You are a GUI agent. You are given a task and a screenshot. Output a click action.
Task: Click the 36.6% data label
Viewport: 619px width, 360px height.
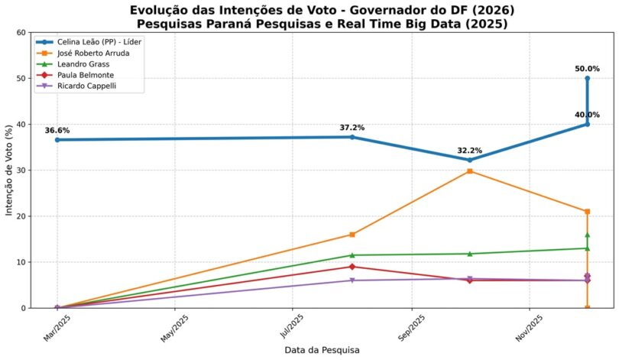coord(57,131)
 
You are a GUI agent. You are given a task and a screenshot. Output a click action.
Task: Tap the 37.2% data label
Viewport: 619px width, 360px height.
coord(352,128)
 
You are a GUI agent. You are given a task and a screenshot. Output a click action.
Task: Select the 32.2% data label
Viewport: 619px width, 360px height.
coord(470,151)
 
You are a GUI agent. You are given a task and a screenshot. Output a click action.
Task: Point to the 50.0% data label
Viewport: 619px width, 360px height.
coord(588,69)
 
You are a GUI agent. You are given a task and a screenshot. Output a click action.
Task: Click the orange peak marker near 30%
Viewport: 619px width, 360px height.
coord(470,171)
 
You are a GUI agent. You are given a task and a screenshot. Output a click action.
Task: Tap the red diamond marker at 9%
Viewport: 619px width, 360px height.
coord(352,267)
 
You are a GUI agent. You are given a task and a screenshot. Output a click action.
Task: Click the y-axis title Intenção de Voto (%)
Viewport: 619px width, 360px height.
coord(10,170)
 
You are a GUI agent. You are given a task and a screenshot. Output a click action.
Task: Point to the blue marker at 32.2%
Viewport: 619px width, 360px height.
coord(470,160)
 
